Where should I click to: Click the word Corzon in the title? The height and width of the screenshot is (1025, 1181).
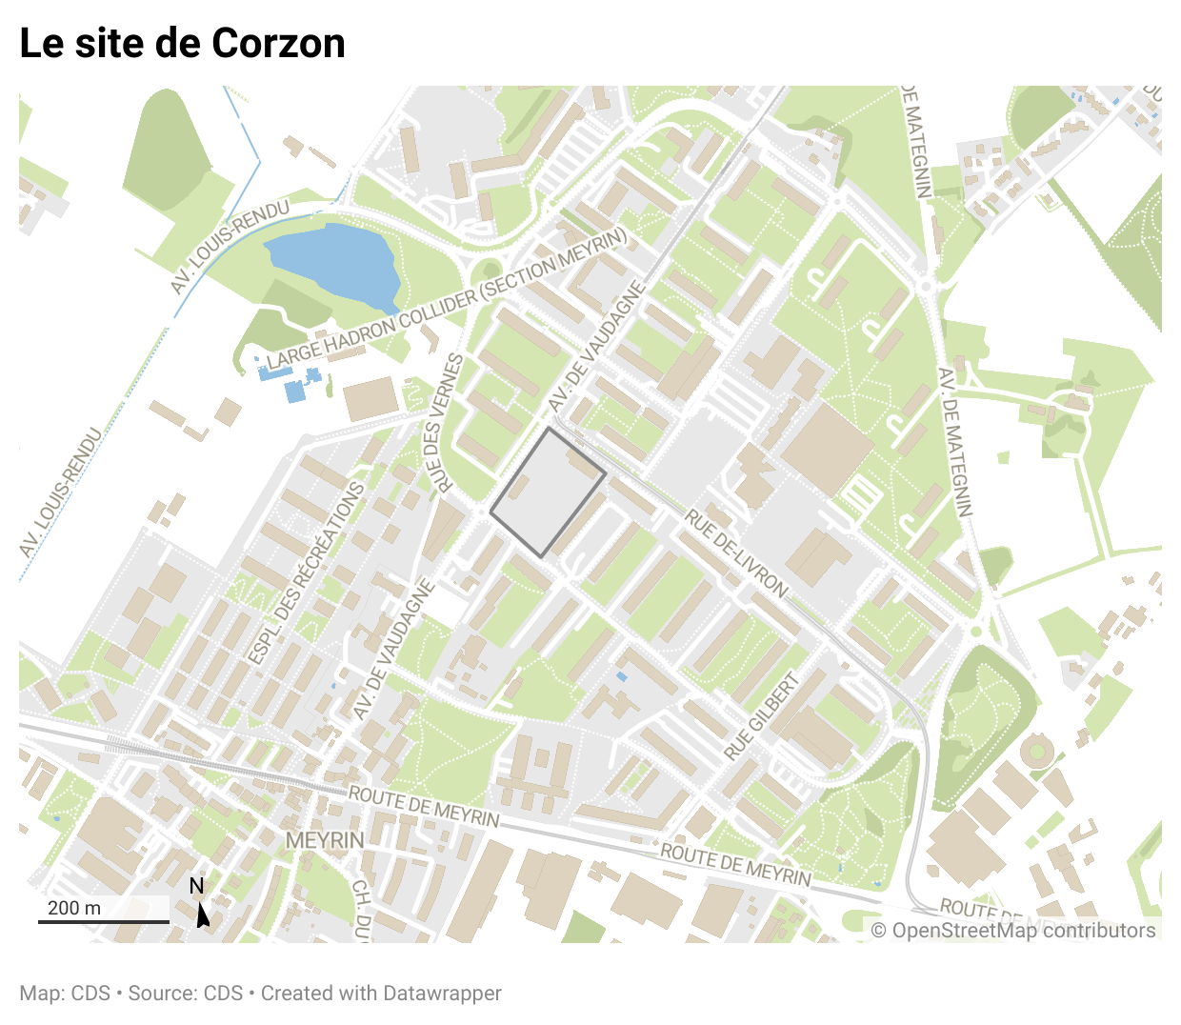pos(278,44)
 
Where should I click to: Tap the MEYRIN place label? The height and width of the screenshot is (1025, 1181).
pos(325,840)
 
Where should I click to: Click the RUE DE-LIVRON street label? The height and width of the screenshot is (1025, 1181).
pos(737,553)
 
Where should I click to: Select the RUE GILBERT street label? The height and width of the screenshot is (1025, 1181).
pos(761,716)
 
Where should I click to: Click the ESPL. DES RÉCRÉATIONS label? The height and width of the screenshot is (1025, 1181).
pos(307,573)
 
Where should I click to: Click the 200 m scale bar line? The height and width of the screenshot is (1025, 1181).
pos(104,921)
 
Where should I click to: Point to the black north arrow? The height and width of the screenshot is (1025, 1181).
pos(202,915)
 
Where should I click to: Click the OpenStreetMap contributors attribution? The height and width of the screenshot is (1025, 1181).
pos(1013,931)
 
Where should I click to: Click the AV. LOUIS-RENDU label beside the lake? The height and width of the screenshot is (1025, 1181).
pos(230,247)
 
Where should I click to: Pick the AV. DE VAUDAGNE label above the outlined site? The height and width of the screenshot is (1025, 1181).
pos(597,349)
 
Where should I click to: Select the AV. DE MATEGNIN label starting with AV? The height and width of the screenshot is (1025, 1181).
pos(955,442)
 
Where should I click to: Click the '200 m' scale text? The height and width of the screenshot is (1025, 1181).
pos(74,907)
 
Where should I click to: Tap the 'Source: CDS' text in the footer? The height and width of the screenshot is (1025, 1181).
pos(186,993)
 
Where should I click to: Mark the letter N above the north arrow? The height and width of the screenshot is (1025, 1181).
pos(196,886)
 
